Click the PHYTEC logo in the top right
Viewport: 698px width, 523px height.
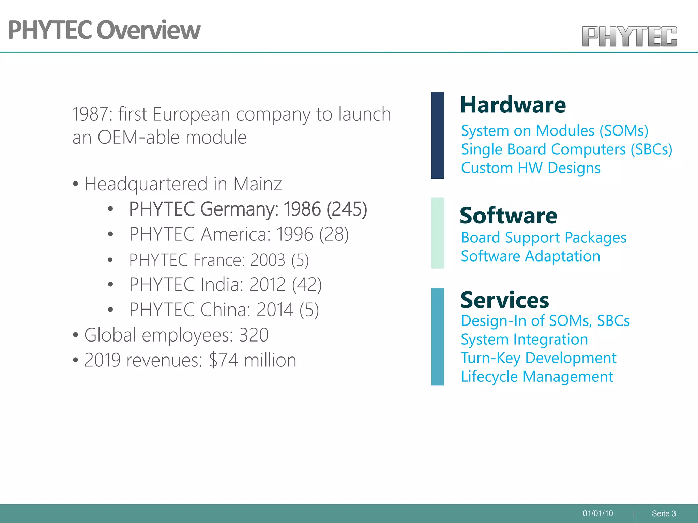[629, 36]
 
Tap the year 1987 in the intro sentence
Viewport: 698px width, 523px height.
[90, 114]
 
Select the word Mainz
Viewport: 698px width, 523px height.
[257, 184]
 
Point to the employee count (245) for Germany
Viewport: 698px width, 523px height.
[347, 209]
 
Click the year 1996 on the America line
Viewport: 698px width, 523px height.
[294, 234]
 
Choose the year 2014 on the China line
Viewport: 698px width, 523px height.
[275, 310]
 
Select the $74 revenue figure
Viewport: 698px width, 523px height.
[224, 360]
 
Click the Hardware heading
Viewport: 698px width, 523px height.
[513, 105]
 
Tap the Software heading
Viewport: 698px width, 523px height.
[509, 216]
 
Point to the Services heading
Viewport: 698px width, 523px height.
[505, 300]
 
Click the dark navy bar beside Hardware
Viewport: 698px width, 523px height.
[438, 135]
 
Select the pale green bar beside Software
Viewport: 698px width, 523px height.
[438, 233]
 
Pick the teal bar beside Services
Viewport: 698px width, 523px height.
[438, 336]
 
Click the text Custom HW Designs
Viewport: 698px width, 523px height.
[531, 168]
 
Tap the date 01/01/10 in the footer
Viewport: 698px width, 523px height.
[598, 513]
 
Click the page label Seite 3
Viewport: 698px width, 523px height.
[664, 513]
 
